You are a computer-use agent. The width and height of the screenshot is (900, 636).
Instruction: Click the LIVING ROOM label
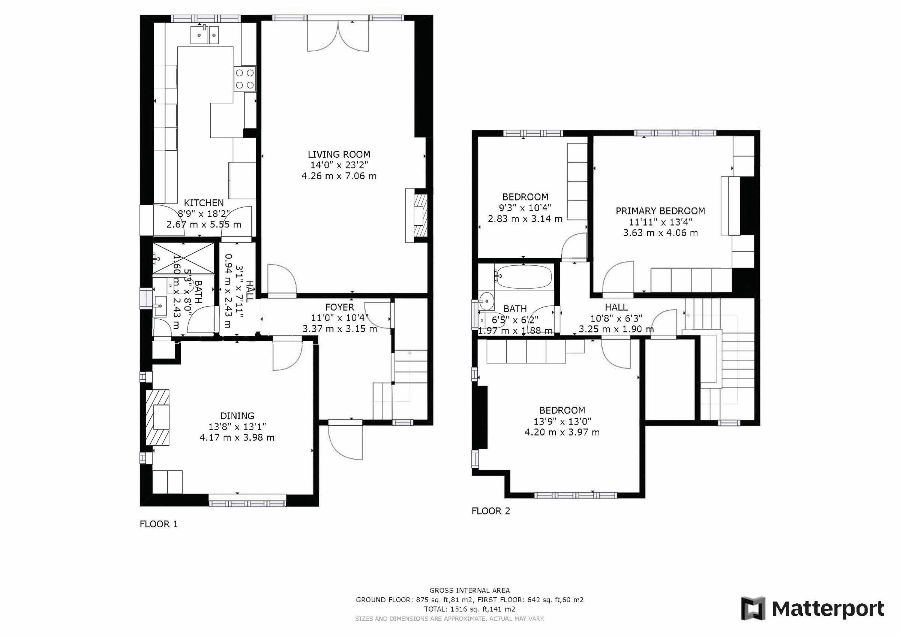[x=339, y=154]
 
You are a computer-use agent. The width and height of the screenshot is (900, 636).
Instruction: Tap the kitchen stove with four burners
[x=244, y=79]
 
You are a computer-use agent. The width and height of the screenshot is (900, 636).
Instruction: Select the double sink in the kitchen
[x=205, y=35]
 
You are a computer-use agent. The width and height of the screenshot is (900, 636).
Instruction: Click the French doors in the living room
[x=338, y=36]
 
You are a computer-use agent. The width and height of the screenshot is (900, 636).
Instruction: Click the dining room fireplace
[x=158, y=418]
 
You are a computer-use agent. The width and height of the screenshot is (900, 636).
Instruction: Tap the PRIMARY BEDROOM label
[x=660, y=211]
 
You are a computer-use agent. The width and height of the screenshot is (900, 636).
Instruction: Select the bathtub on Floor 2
[x=523, y=277]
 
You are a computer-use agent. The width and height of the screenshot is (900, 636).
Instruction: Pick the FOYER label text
[x=339, y=307]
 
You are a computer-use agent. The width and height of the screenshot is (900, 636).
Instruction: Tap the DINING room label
[x=237, y=416]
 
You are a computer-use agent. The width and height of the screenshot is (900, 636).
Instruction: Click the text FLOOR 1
[x=159, y=524]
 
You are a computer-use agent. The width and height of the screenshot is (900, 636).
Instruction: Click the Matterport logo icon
[x=753, y=609]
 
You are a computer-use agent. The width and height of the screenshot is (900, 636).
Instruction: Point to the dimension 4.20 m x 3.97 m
[x=562, y=432]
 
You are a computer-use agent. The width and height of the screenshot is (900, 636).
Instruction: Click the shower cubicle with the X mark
[x=183, y=258]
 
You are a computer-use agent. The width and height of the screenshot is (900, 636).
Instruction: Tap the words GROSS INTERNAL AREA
[x=469, y=591]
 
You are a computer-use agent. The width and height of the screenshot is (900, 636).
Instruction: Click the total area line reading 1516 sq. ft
[x=469, y=609]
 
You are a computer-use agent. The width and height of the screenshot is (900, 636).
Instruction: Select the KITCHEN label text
[x=204, y=203]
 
